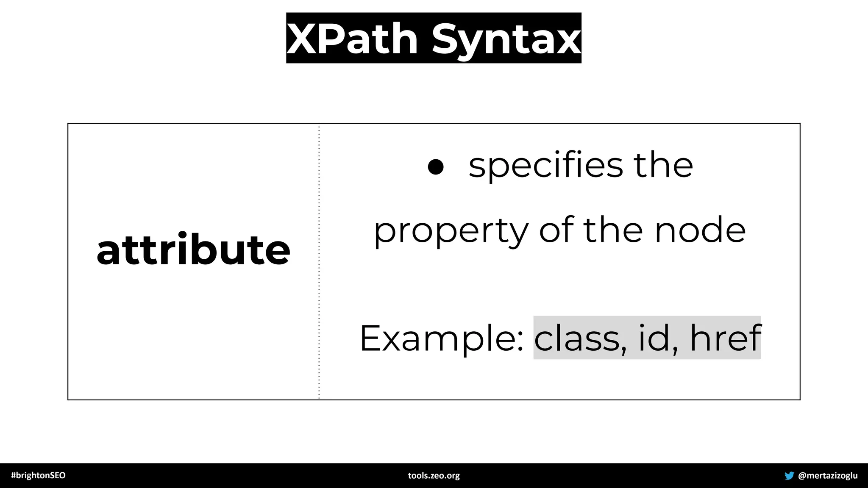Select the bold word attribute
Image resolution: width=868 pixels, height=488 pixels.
193,250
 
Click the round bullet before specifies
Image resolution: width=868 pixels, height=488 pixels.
436,166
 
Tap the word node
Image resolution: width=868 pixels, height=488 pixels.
700,231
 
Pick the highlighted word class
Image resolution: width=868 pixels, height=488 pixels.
576,338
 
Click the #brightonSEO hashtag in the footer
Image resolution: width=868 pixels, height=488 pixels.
38,475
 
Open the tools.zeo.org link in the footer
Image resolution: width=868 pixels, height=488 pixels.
434,475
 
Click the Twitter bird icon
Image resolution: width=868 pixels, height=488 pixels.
789,475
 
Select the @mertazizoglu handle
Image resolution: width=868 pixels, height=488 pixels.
828,475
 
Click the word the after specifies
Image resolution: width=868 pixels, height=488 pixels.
663,165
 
